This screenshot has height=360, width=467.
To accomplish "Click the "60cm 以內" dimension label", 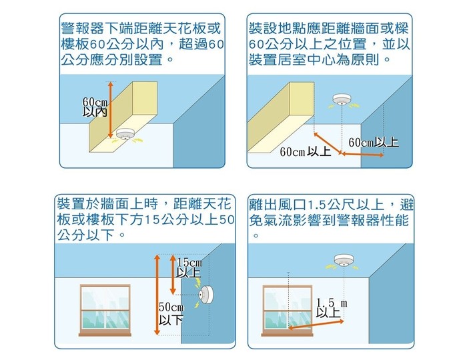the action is [x=95, y=107].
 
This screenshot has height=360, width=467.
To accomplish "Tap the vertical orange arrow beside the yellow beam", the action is [x=111, y=110].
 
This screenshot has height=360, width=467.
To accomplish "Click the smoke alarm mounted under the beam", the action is [x=126, y=134].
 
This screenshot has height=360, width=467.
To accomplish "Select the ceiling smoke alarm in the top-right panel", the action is [x=342, y=99].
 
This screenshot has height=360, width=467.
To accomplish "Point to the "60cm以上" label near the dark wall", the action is [x=374, y=142].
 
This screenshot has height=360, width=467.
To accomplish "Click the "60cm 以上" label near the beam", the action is [x=306, y=152].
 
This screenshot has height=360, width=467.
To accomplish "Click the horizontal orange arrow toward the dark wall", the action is [x=362, y=155].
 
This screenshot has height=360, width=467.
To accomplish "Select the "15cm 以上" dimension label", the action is [x=189, y=268].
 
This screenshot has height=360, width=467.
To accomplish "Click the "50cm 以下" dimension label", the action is [x=171, y=314].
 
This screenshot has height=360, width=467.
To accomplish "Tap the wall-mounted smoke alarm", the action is [x=205, y=295].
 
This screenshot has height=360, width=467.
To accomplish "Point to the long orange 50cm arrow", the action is [x=157, y=295].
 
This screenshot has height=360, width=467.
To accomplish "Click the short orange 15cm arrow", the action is [x=173, y=274].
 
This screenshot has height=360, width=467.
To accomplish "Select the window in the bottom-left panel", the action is [x=105, y=310].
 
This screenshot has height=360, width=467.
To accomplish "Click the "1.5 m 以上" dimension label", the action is [x=331, y=308].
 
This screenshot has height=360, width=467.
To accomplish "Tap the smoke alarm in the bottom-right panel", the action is [x=344, y=260].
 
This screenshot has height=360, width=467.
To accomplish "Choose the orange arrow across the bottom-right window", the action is [x=316, y=325].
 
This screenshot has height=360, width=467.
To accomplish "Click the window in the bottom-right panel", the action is [x=287, y=311].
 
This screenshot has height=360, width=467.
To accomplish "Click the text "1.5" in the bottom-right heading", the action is [x=317, y=205].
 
